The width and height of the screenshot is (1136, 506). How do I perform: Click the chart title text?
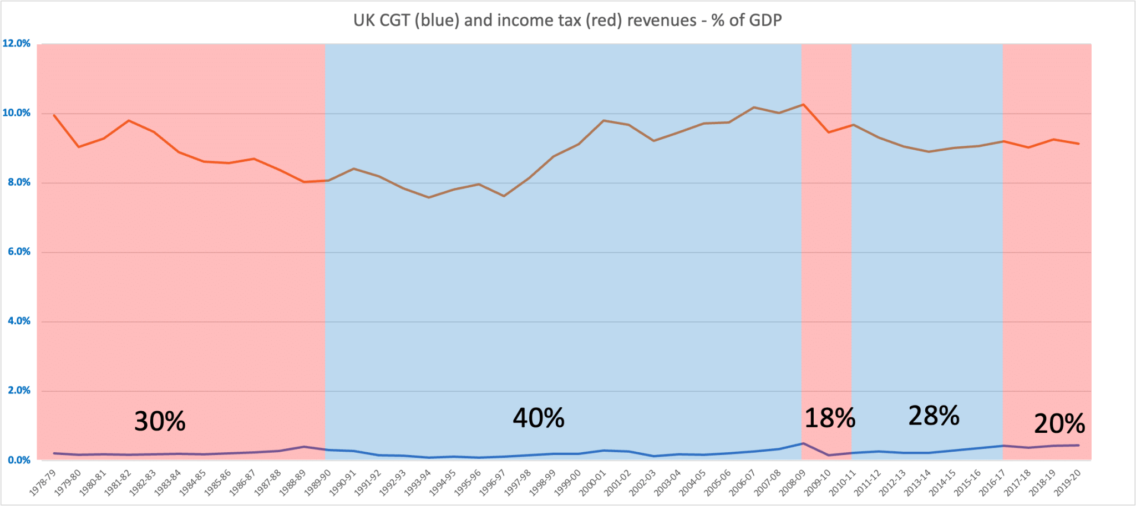567,21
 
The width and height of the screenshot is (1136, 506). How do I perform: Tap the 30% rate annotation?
160,422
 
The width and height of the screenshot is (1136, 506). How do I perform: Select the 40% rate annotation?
538,418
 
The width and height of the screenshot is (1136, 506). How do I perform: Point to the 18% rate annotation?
829,418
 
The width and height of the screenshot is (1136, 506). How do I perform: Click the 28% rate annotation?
934,416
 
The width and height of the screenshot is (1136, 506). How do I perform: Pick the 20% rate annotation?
1059,424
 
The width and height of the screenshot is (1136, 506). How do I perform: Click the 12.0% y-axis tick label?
17,43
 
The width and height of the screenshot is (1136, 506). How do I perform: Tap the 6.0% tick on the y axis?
19,252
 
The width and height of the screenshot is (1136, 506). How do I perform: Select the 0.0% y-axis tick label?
19,460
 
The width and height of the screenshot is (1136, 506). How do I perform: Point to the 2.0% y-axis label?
19,390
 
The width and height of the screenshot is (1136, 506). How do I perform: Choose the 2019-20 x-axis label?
1068,482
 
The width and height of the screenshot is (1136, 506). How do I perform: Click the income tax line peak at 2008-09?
803,104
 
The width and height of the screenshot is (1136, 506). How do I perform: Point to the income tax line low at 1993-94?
429,197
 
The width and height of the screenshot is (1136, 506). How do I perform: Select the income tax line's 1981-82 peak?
129,120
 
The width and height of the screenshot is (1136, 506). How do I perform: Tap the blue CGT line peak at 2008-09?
803,443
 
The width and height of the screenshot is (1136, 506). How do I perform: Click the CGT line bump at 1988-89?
304,447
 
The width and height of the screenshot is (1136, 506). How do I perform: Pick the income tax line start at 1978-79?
54,115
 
